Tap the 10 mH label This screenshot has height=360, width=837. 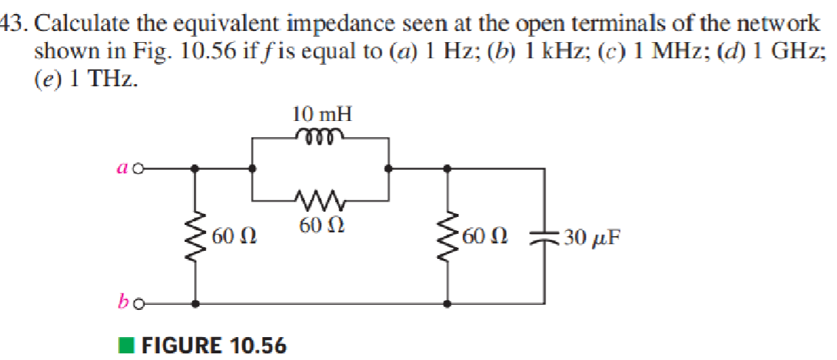(322, 114)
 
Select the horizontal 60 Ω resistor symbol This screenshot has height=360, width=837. (320, 198)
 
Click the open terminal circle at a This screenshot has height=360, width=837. (137, 169)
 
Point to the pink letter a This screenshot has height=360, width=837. (123, 169)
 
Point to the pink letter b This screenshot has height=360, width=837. (123, 301)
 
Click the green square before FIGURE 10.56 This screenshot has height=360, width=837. (127, 345)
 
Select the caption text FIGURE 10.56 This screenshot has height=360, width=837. (213, 345)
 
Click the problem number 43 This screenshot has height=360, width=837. (13, 23)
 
